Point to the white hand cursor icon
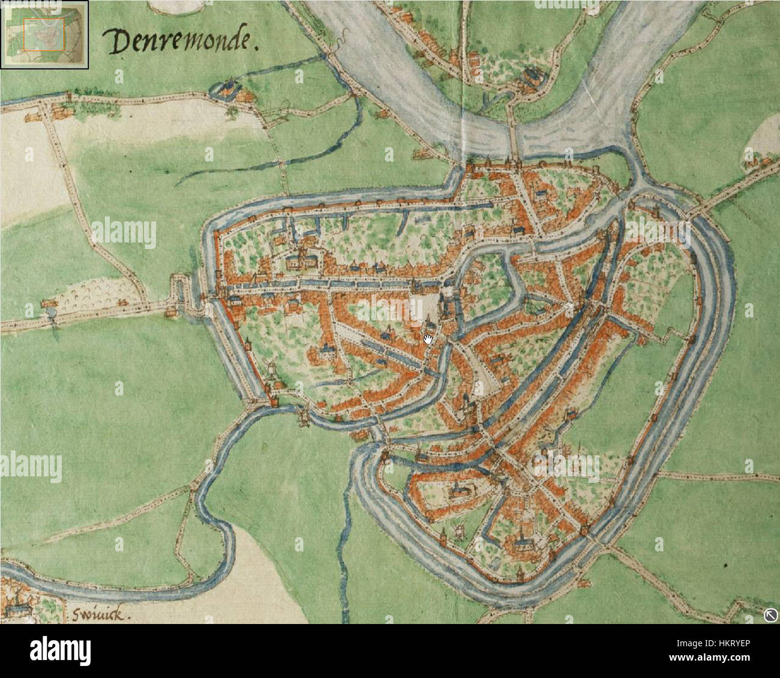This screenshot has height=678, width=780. pos(428,340)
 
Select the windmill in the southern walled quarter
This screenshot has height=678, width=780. pos(459,529)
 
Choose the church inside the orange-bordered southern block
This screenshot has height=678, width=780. pos(457,491)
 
